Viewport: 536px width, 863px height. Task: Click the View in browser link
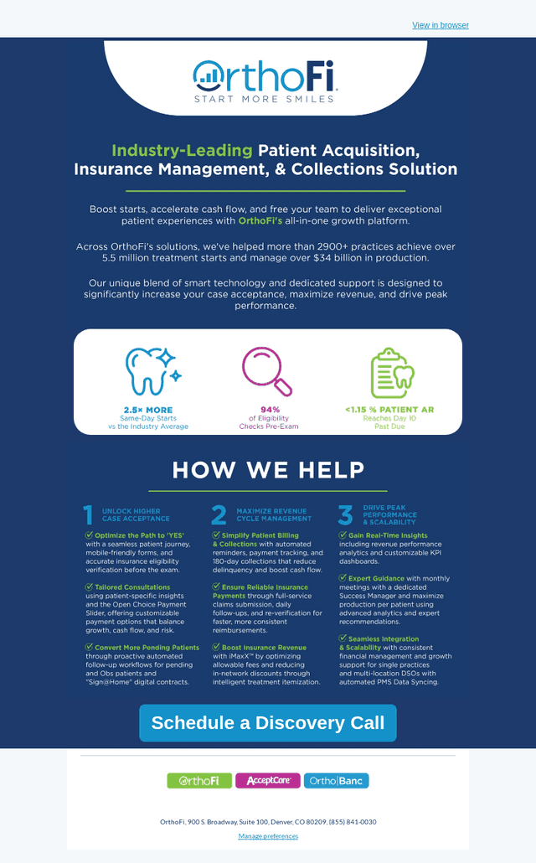click(x=441, y=25)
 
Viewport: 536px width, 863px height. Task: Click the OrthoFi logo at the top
click(x=265, y=81)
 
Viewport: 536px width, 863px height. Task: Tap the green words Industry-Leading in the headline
click(x=182, y=150)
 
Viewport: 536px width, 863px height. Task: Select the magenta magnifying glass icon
click(x=266, y=371)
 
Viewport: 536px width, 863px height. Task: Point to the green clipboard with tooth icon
click(x=392, y=373)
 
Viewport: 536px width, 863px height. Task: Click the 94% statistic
click(x=271, y=410)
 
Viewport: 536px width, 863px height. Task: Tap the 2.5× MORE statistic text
click(x=148, y=410)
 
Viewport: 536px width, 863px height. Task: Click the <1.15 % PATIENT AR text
click(x=389, y=410)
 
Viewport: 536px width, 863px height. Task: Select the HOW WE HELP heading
click(x=268, y=469)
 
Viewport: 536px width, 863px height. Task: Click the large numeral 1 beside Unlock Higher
click(x=88, y=515)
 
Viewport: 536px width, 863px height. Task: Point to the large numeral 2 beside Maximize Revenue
click(x=219, y=515)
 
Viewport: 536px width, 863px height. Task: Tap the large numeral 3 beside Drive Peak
click(x=346, y=515)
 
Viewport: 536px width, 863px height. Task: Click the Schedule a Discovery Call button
click(x=268, y=722)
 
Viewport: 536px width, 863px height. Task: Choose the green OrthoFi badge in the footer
click(x=199, y=780)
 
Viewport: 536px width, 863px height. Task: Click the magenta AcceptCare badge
click(x=268, y=780)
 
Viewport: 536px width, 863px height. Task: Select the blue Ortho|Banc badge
click(x=336, y=780)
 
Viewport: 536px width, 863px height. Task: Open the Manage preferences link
click(x=268, y=836)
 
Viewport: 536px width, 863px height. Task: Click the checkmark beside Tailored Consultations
click(x=89, y=587)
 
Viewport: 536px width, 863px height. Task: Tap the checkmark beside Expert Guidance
click(x=343, y=578)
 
